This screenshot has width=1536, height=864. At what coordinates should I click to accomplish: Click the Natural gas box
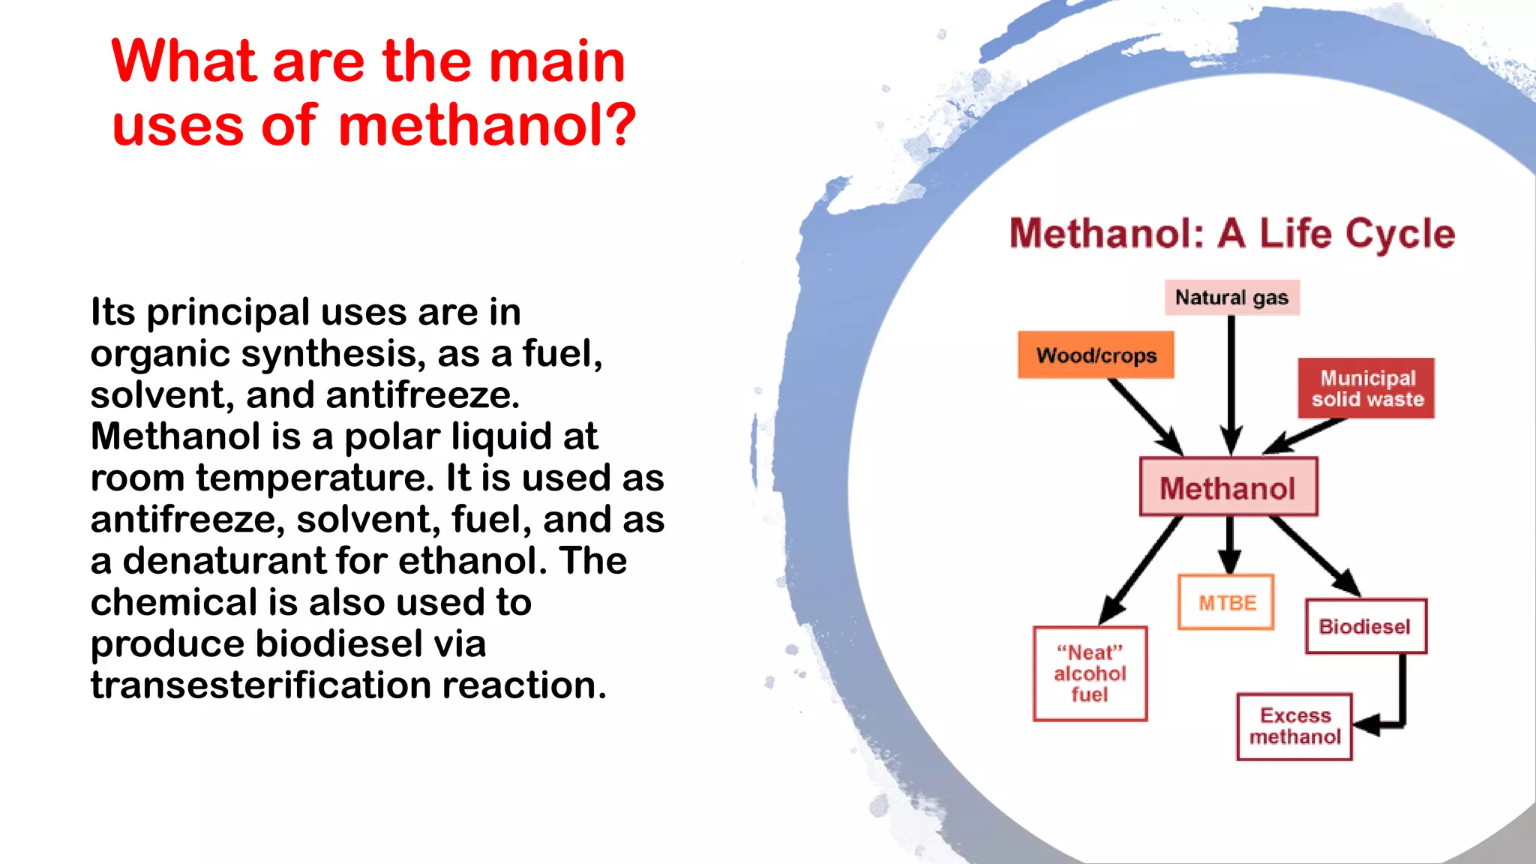click(1231, 298)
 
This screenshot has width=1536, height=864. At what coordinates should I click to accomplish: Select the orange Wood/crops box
click(1096, 355)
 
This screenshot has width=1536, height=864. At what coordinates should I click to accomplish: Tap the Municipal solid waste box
click(1366, 388)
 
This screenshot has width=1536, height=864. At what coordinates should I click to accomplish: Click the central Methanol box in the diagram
click(1228, 487)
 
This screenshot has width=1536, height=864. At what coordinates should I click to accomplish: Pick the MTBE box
click(1226, 602)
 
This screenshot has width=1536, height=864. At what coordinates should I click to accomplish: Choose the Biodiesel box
click(1365, 626)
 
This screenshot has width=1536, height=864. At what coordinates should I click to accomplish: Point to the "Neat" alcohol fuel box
click(1090, 673)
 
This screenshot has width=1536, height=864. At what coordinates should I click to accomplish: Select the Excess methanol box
click(1294, 726)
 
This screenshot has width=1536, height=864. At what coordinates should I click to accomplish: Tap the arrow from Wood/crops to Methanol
click(1144, 415)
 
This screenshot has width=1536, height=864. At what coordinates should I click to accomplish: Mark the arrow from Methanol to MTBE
click(1228, 544)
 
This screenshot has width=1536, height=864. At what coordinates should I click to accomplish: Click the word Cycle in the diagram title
click(1399, 234)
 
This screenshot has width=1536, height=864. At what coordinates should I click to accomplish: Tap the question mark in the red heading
click(619, 124)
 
